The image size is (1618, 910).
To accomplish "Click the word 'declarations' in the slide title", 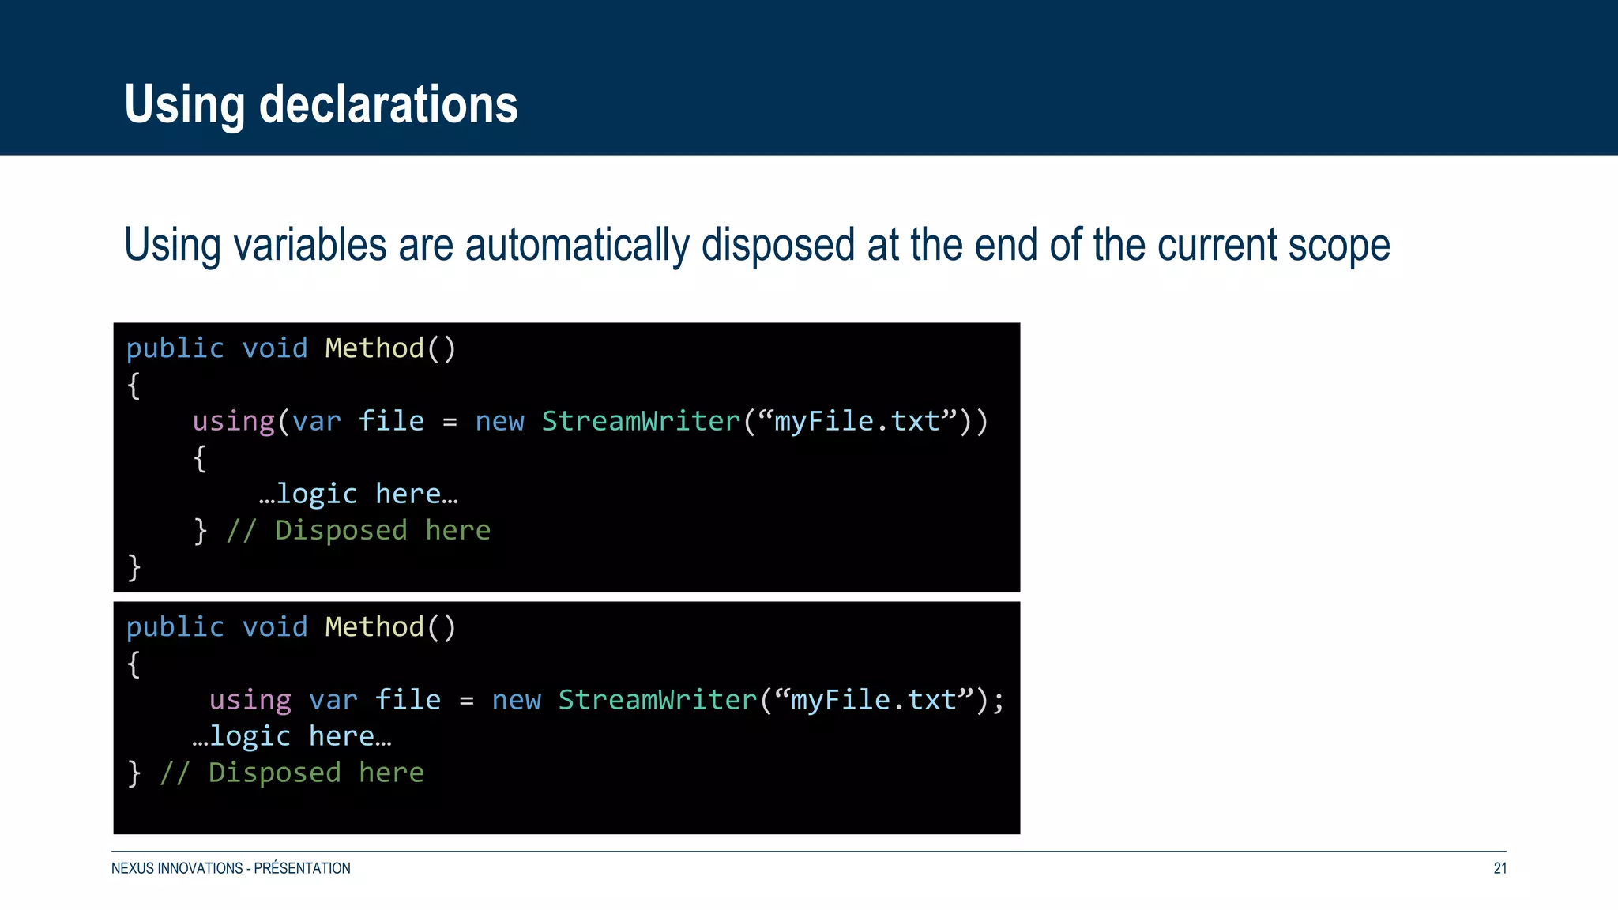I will pyautogui.click(x=388, y=104).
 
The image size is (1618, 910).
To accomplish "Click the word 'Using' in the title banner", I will pyautogui.click(x=184, y=104).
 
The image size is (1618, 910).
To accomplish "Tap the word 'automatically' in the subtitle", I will pyautogui.click(x=577, y=245).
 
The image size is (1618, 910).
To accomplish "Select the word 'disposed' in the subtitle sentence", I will pyautogui.click(x=777, y=245).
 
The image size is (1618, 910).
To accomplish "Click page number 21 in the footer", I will pyautogui.click(x=1499, y=868).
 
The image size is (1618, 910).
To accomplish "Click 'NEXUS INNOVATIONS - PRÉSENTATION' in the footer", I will pyautogui.click(x=231, y=868).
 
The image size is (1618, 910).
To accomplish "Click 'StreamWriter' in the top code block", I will pyautogui.click(x=641, y=421).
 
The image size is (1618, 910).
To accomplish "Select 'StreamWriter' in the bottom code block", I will pyautogui.click(x=657, y=700).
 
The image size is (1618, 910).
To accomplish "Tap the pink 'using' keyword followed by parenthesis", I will pyautogui.click(x=233, y=421).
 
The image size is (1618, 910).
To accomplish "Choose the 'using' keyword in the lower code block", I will pyautogui.click(x=250, y=700).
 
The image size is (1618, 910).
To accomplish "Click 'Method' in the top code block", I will pyautogui.click(x=374, y=348).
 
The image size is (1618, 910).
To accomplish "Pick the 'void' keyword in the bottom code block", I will pyautogui.click(x=274, y=627).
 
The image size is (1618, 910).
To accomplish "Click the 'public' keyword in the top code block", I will pyautogui.click(x=175, y=348).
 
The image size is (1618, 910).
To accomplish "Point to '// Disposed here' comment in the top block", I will pyautogui.click(x=359, y=530).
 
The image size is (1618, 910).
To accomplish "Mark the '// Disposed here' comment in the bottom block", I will pyautogui.click(x=292, y=773).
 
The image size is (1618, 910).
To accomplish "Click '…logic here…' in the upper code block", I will pyautogui.click(x=359, y=494).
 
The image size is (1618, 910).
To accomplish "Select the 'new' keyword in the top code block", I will pyautogui.click(x=499, y=421).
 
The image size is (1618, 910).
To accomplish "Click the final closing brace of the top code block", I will pyautogui.click(x=134, y=566).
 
